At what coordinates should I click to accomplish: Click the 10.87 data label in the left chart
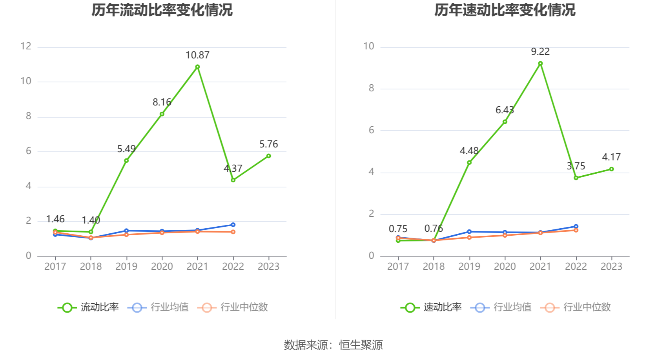click(x=197, y=55)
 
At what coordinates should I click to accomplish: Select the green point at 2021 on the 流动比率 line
click(x=197, y=67)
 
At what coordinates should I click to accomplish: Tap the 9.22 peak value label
click(x=540, y=52)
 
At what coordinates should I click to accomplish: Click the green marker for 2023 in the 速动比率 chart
click(x=611, y=169)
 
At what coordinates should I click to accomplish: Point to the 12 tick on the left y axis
click(x=26, y=46)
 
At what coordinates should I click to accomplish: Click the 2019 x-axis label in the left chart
click(x=126, y=267)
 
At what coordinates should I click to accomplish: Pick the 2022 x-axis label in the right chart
click(x=576, y=267)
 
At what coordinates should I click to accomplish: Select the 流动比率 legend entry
click(x=88, y=307)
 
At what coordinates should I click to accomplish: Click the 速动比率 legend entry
click(x=431, y=307)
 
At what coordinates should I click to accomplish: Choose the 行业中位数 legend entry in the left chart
click(x=233, y=307)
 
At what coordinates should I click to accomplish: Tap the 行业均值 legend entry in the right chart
click(x=503, y=307)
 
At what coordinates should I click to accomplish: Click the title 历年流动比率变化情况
click(x=162, y=10)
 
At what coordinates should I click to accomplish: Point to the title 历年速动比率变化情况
click(x=505, y=10)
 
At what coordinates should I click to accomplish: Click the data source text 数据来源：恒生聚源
click(x=333, y=345)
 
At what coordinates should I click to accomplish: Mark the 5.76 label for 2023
click(x=268, y=144)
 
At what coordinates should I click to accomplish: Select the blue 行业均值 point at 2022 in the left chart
click(x=233, y=225)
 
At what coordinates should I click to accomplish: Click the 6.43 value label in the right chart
click(x=505, y=110)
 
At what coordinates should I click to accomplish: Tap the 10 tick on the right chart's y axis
click(x=369, y=46)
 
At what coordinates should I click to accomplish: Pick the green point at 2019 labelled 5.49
click(x=126, y=160)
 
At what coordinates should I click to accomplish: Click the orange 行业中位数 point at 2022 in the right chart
click(x=576, y=230)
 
